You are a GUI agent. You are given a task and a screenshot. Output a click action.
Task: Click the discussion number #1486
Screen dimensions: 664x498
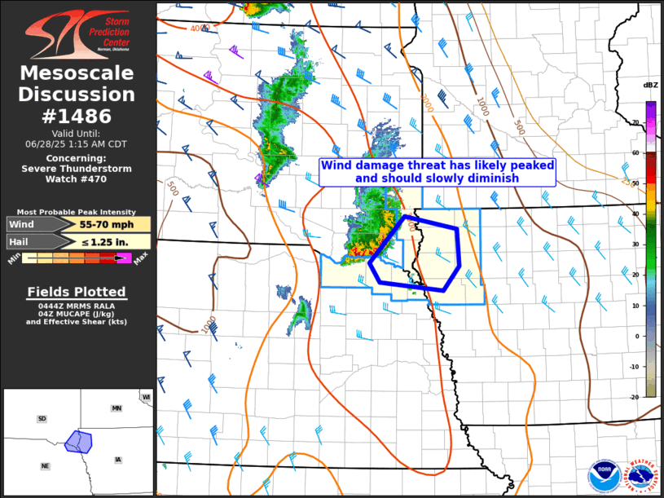coord(78,117)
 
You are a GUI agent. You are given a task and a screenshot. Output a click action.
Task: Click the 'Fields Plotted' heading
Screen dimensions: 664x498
coord(77,292)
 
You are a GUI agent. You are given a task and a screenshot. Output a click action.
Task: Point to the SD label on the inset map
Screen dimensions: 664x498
coord(42,418)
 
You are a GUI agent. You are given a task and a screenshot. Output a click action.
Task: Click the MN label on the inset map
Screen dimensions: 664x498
coord(117,408)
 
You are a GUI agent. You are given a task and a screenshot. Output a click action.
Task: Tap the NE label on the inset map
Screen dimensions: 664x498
coord(46,465)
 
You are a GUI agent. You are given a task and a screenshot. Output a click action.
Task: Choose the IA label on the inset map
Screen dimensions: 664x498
coord(118,460)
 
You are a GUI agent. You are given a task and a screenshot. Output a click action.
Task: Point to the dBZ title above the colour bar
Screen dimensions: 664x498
coord(650,86)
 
